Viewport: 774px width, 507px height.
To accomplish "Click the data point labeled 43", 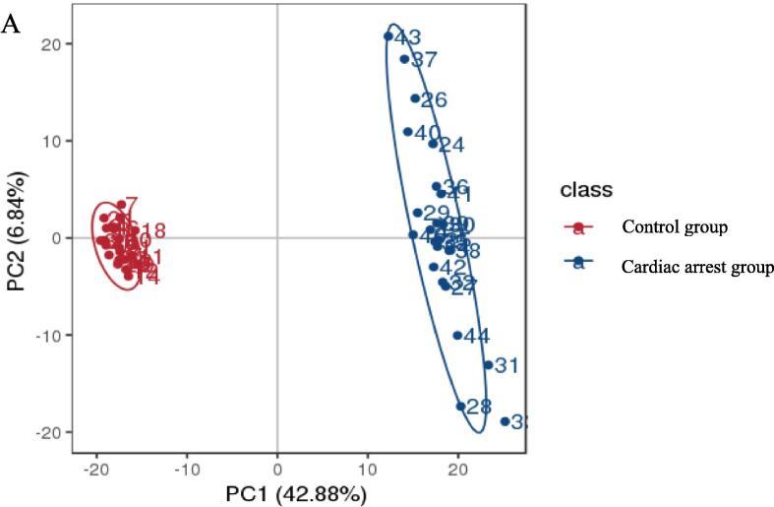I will click(388, 36).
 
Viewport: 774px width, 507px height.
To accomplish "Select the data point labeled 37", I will click(404, 59).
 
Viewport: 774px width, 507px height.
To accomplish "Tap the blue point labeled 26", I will click(415, 98).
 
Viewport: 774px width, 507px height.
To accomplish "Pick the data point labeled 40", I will click(408, 132).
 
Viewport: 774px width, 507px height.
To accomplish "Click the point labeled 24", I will click(433, 144).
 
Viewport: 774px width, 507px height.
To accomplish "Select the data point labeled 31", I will click(488, 365).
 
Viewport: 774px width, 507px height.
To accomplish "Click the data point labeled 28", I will click(460, 407).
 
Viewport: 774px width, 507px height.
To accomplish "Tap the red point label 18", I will click(153, 232).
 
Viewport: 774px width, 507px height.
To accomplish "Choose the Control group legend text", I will click(674, 227).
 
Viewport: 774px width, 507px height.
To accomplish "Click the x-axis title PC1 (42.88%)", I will click(297, 492).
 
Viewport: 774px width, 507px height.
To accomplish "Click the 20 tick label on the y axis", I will click(51, 44).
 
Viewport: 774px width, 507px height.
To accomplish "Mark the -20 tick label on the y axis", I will click(48, 432).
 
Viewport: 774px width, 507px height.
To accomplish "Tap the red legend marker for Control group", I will click(578, 228).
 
